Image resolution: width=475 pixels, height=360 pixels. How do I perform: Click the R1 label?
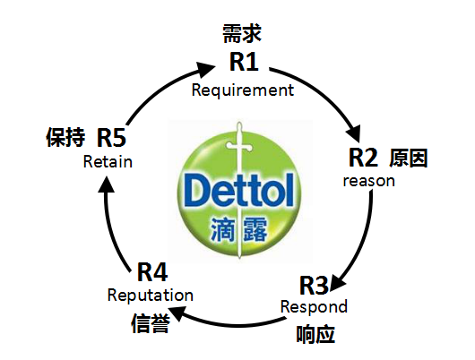tap(244, 62)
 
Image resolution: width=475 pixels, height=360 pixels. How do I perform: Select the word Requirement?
tap(243, 90)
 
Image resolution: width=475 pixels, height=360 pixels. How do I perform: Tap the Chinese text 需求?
tap(242, 34)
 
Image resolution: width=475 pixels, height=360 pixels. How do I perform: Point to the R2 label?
tap(363, 157)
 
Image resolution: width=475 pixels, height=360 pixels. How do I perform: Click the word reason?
tap(369, 181)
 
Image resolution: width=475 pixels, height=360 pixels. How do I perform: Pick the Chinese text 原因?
tap(408, 158)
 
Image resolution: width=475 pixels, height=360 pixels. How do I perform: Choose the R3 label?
tap(314, 285)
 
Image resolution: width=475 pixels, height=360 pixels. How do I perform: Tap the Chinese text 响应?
tap(315, 334)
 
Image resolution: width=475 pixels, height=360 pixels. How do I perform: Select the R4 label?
tap(152, 272)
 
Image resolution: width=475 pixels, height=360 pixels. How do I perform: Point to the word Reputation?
tap(151, 296)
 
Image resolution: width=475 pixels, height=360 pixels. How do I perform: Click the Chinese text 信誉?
tap(151, 323)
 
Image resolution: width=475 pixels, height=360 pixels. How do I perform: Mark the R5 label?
tap(111, 137)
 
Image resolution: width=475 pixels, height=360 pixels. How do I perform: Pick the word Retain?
tap(108, 161)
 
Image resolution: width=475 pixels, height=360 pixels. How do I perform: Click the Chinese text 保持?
tap(65, 137)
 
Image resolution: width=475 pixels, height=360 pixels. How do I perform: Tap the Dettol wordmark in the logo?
tap(238, 190)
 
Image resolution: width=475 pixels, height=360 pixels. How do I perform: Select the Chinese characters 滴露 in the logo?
tap(238, 229)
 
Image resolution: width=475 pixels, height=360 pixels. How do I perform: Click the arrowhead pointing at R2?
tap(354, 133)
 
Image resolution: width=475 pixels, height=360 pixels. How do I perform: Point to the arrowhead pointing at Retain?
tap(106, 184)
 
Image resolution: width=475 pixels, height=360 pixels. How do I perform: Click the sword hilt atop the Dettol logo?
tap(239, 145)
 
